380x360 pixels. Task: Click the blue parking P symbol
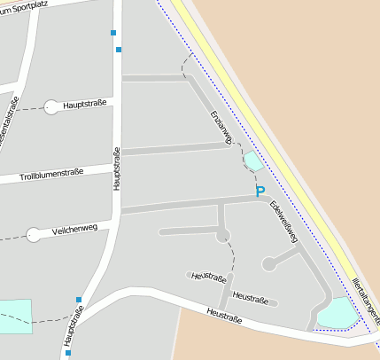pos(260,192)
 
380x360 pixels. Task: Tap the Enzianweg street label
pos(221,128)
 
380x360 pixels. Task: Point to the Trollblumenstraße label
pos(64,173)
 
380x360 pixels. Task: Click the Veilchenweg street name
pos(75,230)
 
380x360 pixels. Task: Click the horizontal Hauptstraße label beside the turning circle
pos(86,105)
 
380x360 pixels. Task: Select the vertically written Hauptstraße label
pos(116,168)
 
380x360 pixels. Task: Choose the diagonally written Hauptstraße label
pos(74,325)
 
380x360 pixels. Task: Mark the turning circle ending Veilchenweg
pos(34,235)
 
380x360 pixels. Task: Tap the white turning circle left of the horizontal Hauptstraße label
pos(51,107)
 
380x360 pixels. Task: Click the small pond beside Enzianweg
pos(253,160)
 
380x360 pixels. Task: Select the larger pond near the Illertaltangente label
pos(337,312)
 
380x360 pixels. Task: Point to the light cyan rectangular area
pos(15,317)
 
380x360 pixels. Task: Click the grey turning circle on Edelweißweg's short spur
pos(268,263)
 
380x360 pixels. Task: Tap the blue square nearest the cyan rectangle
pos(79,300)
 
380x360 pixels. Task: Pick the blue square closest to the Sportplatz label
pos(113,33)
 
